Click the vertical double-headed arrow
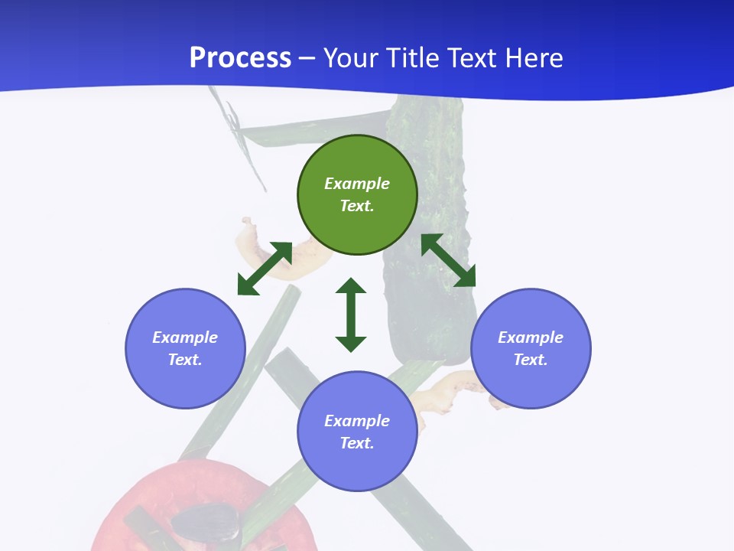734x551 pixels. (351, 315)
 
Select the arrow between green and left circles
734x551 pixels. (265, 269)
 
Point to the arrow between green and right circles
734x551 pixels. (448, 260)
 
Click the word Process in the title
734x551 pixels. (240, 58)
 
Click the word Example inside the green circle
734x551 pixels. (357, 184)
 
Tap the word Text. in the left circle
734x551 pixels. (185, 360)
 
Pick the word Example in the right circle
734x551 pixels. (531, 337)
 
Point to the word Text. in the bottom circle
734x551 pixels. (357, 443)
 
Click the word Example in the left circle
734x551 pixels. (185, 337)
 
